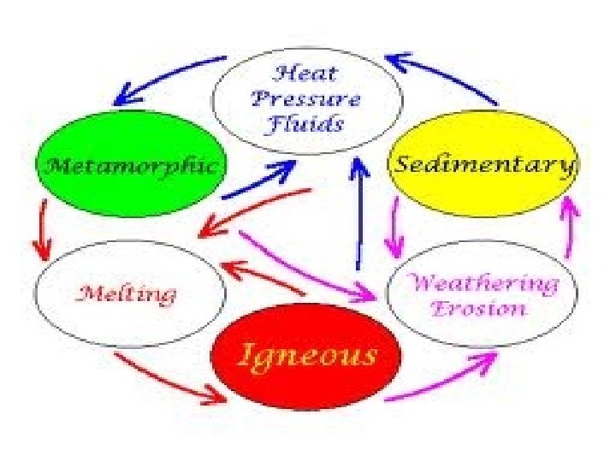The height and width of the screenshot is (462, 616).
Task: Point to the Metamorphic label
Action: click(x=131, y=164)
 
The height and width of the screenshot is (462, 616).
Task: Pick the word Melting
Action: click(x=127, y=294)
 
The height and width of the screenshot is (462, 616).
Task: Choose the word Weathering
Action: click(x=483, y=282)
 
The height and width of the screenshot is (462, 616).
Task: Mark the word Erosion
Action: click(x=478, y=309)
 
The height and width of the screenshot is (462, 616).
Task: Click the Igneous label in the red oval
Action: click(x=306, y=353)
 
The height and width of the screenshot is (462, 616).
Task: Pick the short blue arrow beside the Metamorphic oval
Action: click(x=260, y=181)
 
